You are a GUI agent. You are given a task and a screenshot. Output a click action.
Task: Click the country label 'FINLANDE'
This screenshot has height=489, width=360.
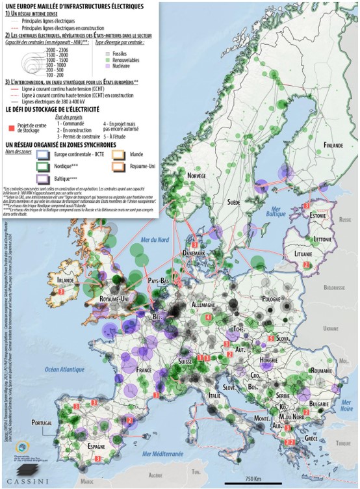(333, 145)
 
